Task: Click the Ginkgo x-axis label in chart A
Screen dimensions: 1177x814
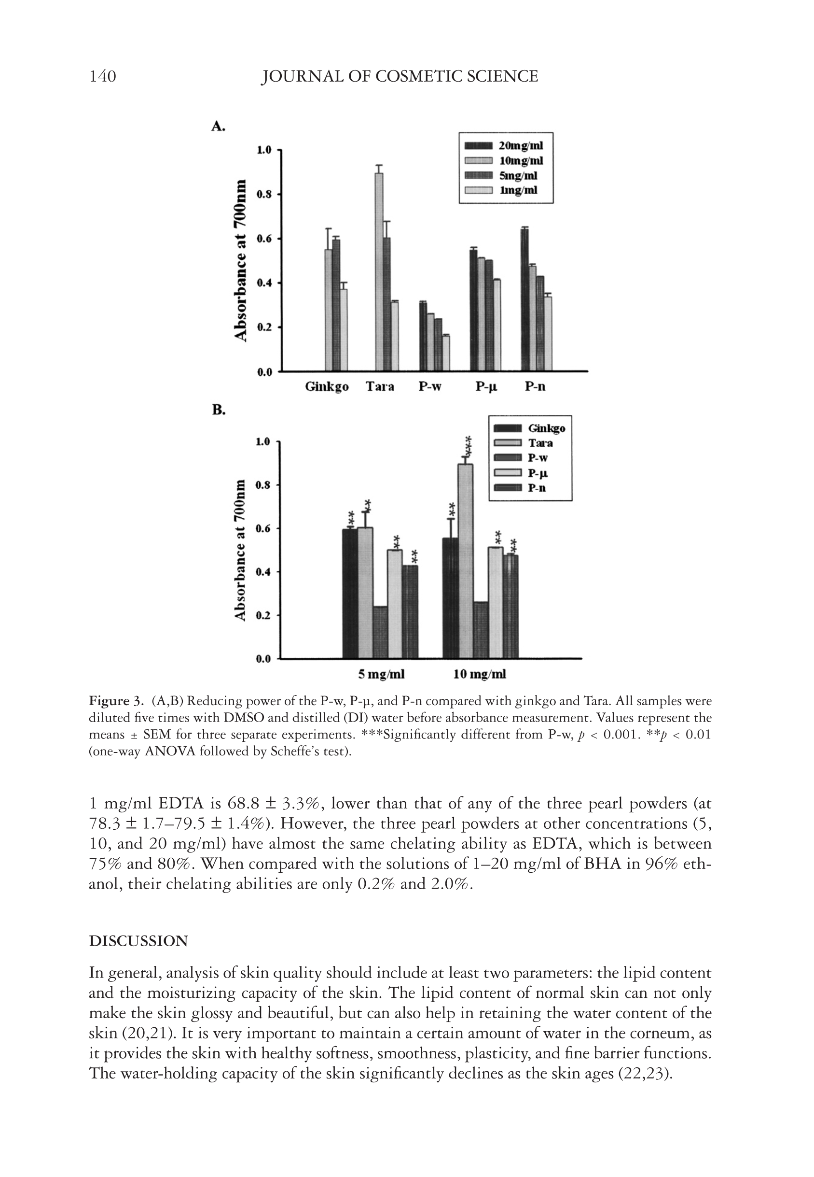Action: (326, 387)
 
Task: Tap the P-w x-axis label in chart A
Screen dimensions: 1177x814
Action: (430, 387)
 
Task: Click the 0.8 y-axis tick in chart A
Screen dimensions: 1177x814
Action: (265, 195)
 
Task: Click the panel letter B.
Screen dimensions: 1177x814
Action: (219, 411)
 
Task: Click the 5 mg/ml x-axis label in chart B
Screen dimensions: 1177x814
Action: (381, 675)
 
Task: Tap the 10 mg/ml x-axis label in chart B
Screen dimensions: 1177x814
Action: (480, 675)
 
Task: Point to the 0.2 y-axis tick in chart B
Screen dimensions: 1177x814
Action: (263, 616)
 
